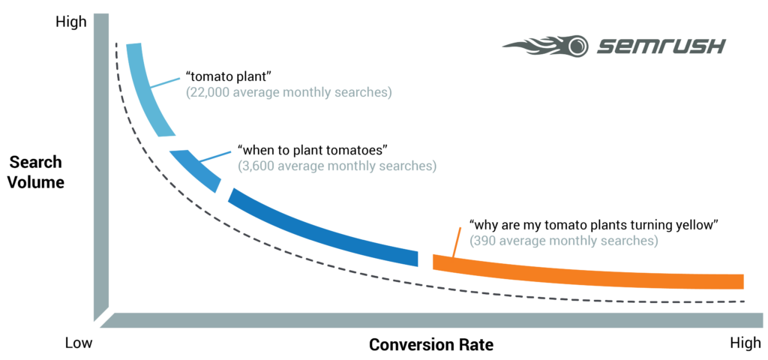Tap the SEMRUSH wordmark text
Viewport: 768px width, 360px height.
coord(661,47)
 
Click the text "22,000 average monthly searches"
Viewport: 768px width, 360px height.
coord(289,93)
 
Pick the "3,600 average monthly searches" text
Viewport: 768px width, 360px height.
coord(337,165)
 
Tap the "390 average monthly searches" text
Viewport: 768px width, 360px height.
coord(563,241)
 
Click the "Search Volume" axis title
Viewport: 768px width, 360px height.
coord(37,172)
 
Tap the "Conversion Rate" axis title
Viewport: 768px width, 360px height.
coord(430,345)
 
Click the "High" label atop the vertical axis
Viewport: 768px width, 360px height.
coord(71,22)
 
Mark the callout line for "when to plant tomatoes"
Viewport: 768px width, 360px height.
coord(214,156)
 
